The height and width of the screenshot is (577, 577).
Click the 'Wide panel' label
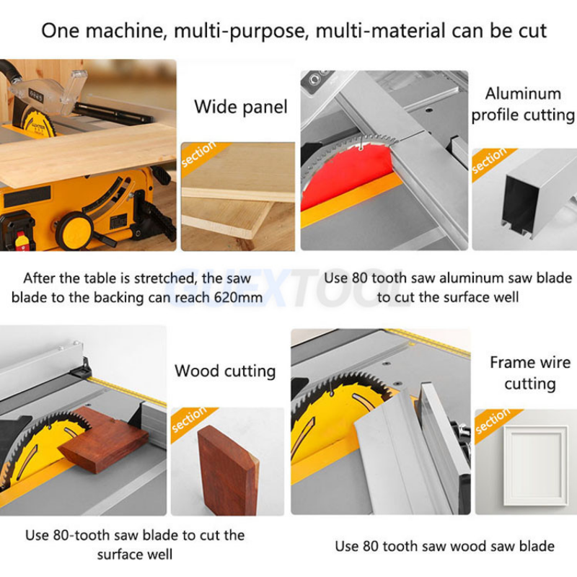240,107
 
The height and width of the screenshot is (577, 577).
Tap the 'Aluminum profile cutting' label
523,104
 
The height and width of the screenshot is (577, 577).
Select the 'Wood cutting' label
225,371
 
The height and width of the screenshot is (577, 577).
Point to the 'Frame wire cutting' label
529,373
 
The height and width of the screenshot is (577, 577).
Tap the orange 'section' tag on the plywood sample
199,156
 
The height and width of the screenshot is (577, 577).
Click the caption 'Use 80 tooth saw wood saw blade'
444,545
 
